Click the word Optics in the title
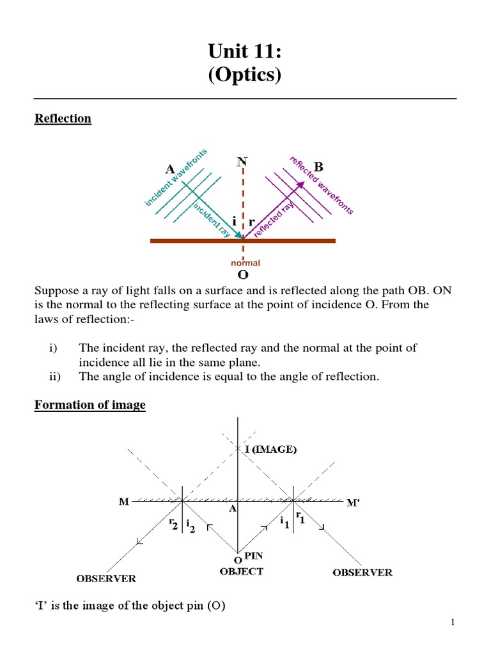(245, 75)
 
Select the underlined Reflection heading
(63, 119)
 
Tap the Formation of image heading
(90, 405)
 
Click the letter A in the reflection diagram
(170, 170)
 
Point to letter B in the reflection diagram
(318, 167)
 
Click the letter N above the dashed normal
(242, 162)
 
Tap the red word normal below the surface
(245, 263)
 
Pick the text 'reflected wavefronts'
(322, 185)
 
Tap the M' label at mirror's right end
(352, 503)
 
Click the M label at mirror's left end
(124, 503)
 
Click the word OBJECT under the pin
(241, 571)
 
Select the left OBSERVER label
(106, 579)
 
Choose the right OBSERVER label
(362, 572)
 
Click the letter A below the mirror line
(233, 510)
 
